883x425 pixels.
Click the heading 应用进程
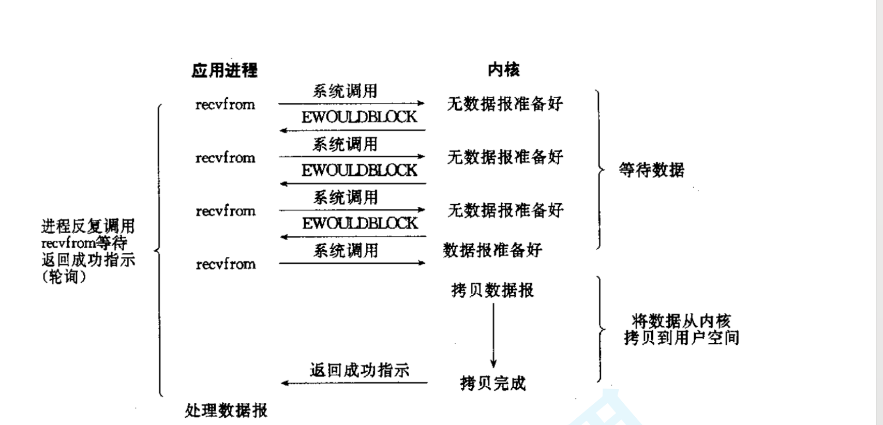click(225, 70)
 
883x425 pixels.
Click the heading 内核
click(503, 70)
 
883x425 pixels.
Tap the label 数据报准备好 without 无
click(492, 250)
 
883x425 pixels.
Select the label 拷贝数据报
click(492, 291)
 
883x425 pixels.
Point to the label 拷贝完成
click(492, 384)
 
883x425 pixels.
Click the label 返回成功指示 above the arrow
click(360, 370)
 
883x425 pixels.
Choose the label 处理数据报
click(226, 411)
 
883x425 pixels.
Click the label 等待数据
click(652, 170)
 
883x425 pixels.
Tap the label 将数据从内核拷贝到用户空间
click(681, 329)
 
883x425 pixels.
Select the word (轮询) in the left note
click(64, 277)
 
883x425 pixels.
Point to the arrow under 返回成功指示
click(354, 383)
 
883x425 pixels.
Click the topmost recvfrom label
click(225, 104)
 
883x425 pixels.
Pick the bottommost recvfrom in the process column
click(226, 264)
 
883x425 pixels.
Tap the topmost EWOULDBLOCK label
click(359, 117)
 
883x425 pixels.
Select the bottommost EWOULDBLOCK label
click(360, 224)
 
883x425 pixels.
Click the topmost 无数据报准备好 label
click(505, 104)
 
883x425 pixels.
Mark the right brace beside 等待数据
click(600, 170)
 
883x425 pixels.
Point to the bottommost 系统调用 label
click(346, 251)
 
